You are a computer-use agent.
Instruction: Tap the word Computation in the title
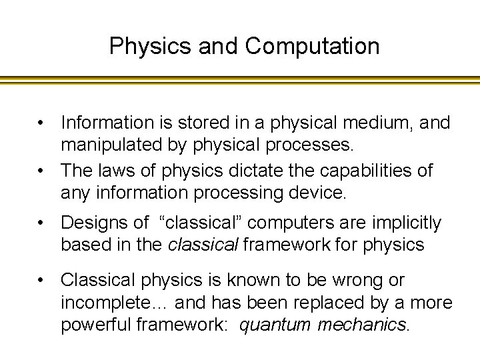[312, 46]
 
